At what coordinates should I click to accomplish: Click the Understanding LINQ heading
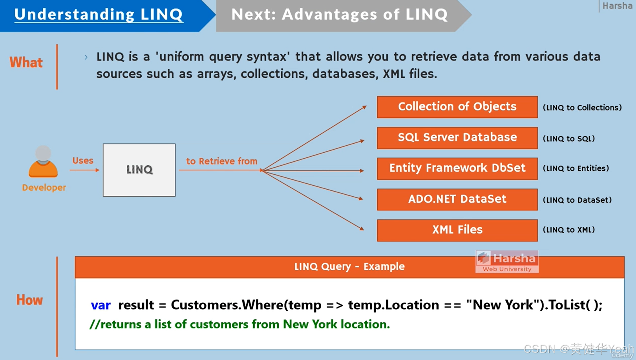99,15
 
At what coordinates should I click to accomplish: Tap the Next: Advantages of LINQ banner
339,15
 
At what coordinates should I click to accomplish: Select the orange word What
26,62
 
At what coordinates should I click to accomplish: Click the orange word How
29,300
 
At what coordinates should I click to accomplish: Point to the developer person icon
43,162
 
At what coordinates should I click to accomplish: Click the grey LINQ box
139,170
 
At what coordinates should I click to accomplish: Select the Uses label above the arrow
83,161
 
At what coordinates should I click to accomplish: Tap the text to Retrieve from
221,161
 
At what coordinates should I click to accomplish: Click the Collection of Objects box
457,107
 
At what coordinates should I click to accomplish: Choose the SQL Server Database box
457,137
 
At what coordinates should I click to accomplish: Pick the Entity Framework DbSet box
457,168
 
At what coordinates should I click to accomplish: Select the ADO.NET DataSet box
457,199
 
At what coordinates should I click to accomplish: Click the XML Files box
457,230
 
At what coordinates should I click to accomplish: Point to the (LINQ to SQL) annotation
568,139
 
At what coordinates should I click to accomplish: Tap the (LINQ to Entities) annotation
576,168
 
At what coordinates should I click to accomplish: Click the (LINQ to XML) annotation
568,230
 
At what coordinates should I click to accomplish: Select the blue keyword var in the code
101,305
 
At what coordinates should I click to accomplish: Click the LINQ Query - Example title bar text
349,267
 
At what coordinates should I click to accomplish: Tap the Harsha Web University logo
507,261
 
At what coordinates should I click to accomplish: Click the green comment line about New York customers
239,324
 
